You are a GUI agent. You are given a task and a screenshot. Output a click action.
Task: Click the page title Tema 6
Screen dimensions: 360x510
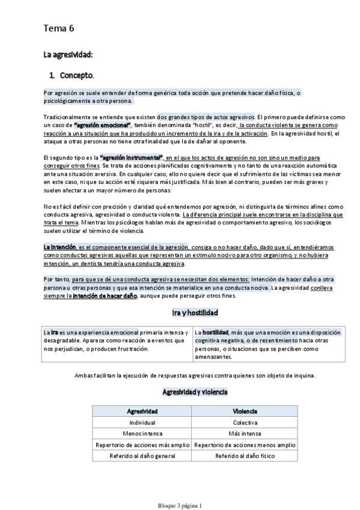[x=58, y=28]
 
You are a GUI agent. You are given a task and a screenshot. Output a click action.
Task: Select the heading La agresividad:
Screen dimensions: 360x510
[x=67, y=55]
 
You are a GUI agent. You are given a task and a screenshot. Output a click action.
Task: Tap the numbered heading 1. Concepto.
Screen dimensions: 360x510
[x=72, y=76]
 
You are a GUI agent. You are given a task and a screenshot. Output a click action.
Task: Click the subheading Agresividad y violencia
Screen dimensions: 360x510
[x=195, y=392]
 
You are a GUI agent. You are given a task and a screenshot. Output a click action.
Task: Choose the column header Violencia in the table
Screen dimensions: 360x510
[x=245, y=411]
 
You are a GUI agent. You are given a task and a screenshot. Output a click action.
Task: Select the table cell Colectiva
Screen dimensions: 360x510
[x=245, y=423]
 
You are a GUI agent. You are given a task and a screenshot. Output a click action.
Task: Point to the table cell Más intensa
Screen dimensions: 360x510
[x=245, y=434]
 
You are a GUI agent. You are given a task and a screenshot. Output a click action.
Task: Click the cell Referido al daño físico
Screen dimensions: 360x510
[x=245, y=456]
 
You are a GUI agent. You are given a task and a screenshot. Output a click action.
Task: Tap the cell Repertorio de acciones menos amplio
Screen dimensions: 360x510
[x=245, y=445]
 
